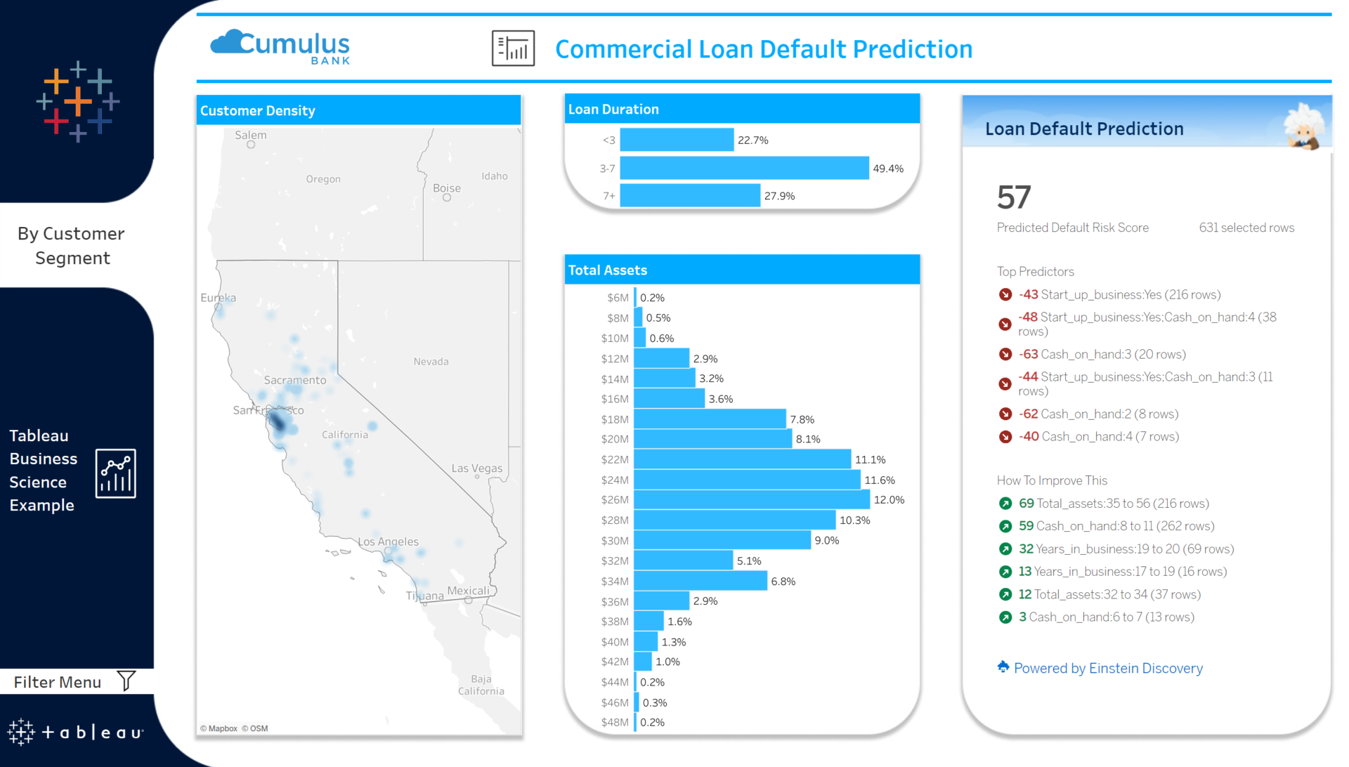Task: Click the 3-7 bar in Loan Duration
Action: (x=743, y=169)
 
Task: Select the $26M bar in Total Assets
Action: (x=751, y=500)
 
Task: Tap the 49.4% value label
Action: (x=887, y=169)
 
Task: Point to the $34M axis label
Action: (x=614, y=582)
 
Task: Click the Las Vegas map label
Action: (x=476, y=468)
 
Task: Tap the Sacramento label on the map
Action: (x=294, y=380)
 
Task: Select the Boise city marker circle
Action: (x=447, y=198)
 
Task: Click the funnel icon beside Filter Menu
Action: (x=126, y=681)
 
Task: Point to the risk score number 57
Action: (x=1013, y=197)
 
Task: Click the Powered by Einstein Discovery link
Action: (x=1107, y=668)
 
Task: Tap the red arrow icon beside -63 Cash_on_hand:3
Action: (x=1005, y=355)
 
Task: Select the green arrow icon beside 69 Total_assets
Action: (x=1005, y=504)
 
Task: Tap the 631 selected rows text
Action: (x=1246, y=228)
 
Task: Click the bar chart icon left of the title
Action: (x=513, y=48)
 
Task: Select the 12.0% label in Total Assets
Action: (x=889, y=500)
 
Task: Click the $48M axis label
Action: (x=614, y=723)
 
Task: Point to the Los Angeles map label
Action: (x=388, y=542)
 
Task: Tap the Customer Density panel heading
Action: (x=257, y=111)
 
